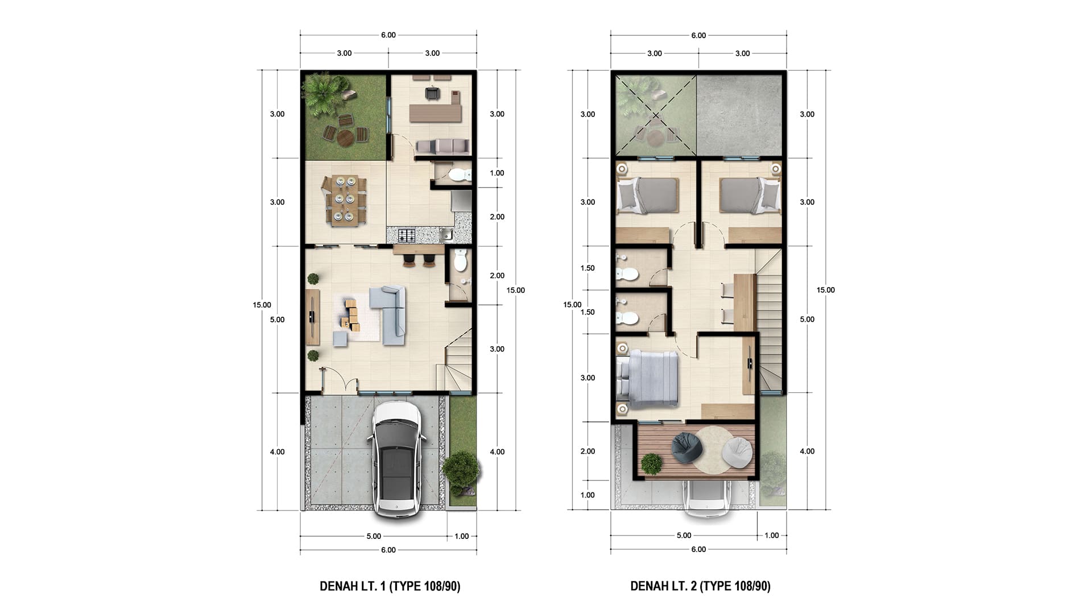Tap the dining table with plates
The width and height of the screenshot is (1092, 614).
[345, 201]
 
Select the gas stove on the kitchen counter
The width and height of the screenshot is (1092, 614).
[407, 234]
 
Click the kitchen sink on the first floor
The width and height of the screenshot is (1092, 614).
[446, 234]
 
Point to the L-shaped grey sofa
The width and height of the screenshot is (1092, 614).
[390, 314]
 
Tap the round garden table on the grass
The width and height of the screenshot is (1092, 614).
[345, 137]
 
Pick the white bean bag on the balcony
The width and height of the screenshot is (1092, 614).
[737, 453]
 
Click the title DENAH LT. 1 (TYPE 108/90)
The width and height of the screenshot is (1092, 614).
[390, 586]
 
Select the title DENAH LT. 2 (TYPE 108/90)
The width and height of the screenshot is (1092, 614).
[700, 586]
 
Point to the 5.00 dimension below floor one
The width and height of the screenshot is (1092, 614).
[374, 536]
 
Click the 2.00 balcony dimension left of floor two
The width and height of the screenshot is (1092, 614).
[588, 451]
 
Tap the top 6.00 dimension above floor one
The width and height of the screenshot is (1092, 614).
[388, 35]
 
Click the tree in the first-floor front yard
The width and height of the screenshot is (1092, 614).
[461, 470]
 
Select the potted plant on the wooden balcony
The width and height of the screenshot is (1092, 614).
[651, 463]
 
